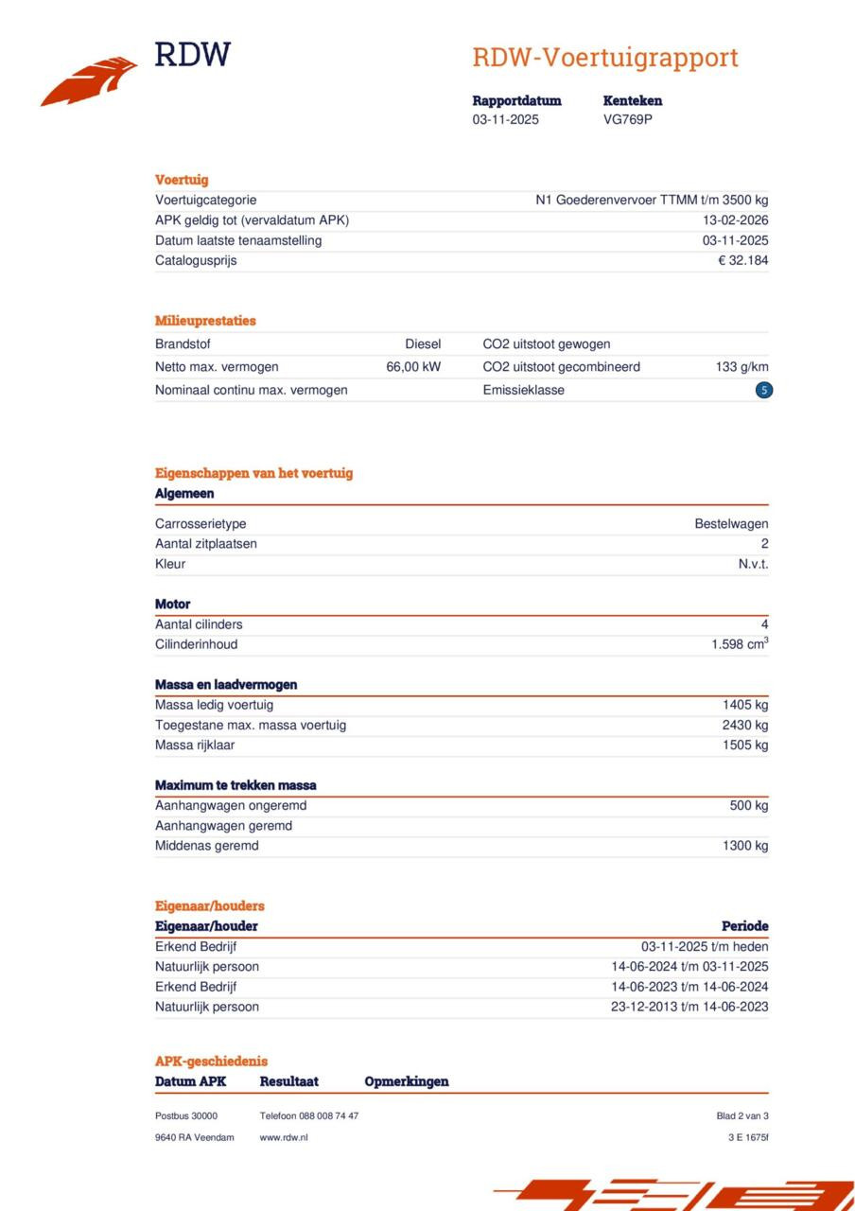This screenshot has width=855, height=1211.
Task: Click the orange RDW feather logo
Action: coord(89,80)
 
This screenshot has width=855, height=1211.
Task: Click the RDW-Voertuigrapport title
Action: coord(605,58)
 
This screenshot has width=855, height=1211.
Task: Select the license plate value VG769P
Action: coord(628,119)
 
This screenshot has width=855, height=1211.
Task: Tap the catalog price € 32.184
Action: coord(742,260)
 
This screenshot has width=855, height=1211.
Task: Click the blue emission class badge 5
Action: coord(764,390)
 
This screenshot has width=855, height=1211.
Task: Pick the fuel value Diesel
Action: coord(423,344)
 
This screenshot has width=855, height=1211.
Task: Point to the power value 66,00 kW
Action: coord(413,367)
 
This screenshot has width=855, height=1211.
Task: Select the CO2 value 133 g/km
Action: coord(742,367)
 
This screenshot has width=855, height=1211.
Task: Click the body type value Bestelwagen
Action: coord(731,524)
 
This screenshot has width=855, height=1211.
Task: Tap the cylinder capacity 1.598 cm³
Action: coord(740,644)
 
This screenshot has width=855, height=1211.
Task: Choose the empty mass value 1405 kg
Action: coord(745,705)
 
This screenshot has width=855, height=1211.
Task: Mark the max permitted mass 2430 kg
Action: coord(745,725)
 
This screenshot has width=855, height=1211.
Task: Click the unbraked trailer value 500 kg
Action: coord(749,806)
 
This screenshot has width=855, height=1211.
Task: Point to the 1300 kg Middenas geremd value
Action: coord(745,846)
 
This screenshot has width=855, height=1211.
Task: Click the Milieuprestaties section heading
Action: coord(205,321)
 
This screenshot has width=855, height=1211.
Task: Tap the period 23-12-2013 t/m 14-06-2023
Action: coord(689,1007)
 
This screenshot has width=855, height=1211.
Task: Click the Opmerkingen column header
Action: coord(407,1081)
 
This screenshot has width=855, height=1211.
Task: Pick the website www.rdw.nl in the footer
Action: coord(284,1137)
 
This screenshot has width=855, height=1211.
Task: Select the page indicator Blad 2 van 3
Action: coord(742,1116)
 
